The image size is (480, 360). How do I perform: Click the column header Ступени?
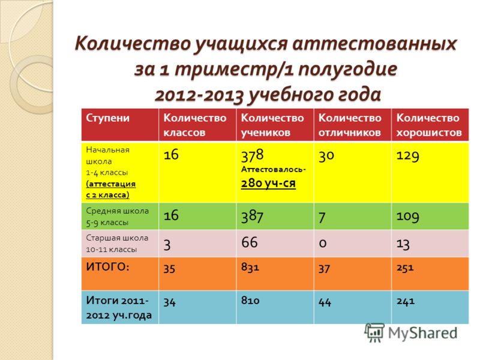107,118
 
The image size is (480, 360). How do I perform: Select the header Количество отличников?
350,125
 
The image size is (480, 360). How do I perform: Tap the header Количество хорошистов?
429,125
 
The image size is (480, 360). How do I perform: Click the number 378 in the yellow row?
252,155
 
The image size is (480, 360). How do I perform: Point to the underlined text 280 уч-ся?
268,183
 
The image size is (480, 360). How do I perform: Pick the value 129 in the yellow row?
408,155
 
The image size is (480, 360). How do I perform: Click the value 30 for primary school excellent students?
326,155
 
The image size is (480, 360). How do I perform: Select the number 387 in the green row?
252,216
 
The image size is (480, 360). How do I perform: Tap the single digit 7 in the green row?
322,217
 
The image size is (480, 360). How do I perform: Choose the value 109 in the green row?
408,216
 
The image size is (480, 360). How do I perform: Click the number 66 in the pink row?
250,242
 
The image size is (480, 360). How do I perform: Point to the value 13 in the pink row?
403,244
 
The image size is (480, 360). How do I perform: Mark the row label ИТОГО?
108,266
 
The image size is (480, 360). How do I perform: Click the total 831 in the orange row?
250,267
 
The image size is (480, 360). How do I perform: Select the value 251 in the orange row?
405,268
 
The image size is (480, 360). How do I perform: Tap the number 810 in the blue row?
250,300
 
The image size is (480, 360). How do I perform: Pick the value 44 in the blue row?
325,302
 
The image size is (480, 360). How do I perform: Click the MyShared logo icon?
374,333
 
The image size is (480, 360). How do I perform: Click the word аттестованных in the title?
374,43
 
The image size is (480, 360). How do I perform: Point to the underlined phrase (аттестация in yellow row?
111,184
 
